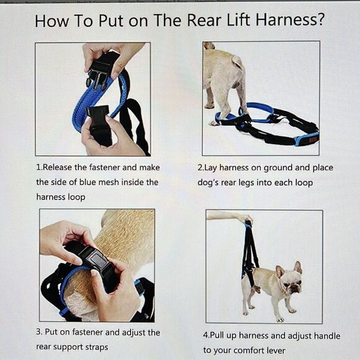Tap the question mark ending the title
coord(320,21)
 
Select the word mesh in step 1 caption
coord(116,182)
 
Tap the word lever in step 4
coord(273,350)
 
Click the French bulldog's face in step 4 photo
coord(289,282)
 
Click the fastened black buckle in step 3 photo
coord(93,258)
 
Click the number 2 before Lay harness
coord(200,168)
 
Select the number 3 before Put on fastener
coord(38,333)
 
